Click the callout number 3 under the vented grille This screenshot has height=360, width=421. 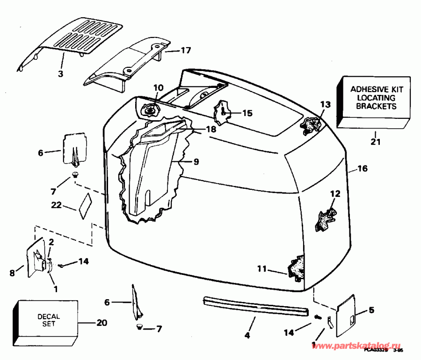(61, 73)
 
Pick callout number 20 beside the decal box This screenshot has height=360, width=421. (102, 323)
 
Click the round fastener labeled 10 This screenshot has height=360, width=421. (151, 111)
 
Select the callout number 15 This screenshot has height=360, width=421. (247, 113)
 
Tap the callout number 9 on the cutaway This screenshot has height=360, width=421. (195, 162)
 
